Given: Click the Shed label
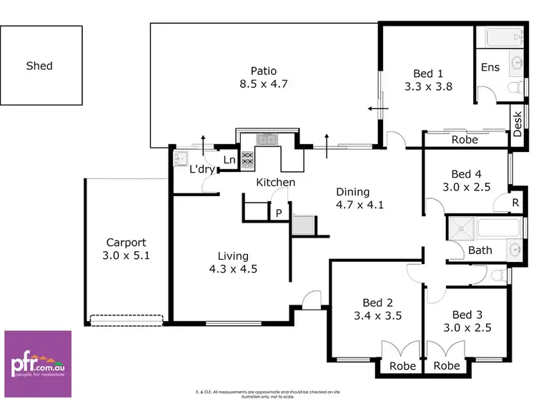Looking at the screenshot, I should tap(39, 66).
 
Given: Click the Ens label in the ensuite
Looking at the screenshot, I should tap(490, 67).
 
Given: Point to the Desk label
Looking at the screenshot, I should tap(518, 122).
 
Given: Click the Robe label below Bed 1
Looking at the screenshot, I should tap(464, 141).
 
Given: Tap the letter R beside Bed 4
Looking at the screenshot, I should tap(515, 203).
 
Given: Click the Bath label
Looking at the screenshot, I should tap(480, 250).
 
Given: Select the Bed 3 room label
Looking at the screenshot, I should tap(472, 315).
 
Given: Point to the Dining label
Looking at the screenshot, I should tap(353, 191).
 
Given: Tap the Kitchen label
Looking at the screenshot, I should tap(276, 183).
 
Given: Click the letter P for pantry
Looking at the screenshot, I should tap(279, 212).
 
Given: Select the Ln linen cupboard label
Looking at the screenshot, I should tap(229, 161).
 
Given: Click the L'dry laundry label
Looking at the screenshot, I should tap(202, 171).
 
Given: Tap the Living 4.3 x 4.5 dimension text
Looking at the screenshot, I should tap(234, 269).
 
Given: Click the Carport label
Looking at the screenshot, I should tap(126, 242).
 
